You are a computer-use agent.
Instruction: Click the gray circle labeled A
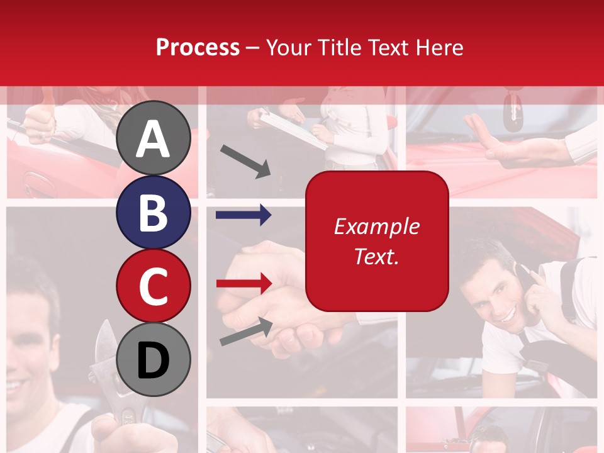point(153,138)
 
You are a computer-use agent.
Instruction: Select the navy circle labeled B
point(153,212)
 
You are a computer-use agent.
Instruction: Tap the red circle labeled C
point(153,286)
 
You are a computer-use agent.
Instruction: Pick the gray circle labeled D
point(153,359)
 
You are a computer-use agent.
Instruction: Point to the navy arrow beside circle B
point(243,216)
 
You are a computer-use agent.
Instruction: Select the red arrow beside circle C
point(243,282)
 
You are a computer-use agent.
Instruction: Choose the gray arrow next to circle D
point(246,332)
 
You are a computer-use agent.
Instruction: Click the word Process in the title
point(198,47)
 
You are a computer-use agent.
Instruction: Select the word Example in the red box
point(377,226)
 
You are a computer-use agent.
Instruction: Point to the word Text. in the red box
point(377,256)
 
